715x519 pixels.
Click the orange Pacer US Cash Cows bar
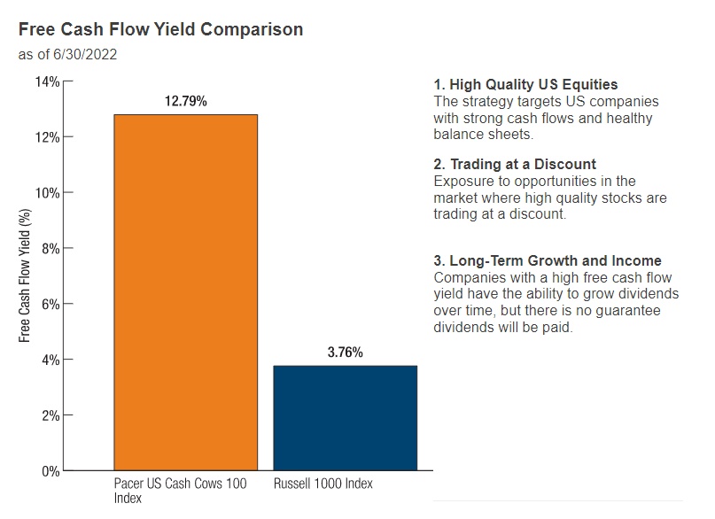[185, 292]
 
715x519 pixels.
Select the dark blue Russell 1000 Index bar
[345, 417]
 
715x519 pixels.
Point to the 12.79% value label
[185, 102]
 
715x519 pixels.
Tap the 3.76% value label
[345, 352]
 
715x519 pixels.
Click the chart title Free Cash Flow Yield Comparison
[160, 29]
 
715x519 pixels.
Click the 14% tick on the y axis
[47, 81]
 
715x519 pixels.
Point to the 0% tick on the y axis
[51, 470]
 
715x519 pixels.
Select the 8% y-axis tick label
[51, 248]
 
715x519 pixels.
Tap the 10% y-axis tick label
[47, 193]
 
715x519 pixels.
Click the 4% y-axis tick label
[51, 360]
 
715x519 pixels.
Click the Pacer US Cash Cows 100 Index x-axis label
[180, 491]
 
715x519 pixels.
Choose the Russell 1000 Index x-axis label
[323, 484]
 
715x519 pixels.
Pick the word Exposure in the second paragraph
[461, 182]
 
